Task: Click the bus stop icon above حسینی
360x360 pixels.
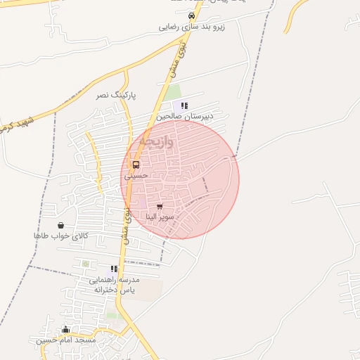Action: coord(136,165)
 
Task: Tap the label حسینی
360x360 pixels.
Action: coord(136,176)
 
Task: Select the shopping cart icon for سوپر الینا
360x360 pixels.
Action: coord(160,207)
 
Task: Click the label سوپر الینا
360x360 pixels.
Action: coord(161,217)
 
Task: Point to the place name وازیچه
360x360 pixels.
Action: coord(155,140)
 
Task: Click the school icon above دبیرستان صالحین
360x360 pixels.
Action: coord(185,105)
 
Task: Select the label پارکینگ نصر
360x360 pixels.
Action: coord(117,94)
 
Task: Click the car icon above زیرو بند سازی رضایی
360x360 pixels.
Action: coord(191,16)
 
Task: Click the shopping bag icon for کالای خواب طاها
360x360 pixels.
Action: coord(61,225)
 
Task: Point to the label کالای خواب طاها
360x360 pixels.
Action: coord(61,236)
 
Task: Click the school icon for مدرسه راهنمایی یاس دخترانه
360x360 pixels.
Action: coord(114,269)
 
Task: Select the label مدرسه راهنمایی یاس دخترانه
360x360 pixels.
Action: coord(114,284)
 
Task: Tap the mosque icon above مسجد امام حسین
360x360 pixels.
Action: coord(66,329)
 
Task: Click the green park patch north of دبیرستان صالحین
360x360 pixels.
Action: coord(173,92)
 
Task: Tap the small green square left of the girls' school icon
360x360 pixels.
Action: coord(86,264)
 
